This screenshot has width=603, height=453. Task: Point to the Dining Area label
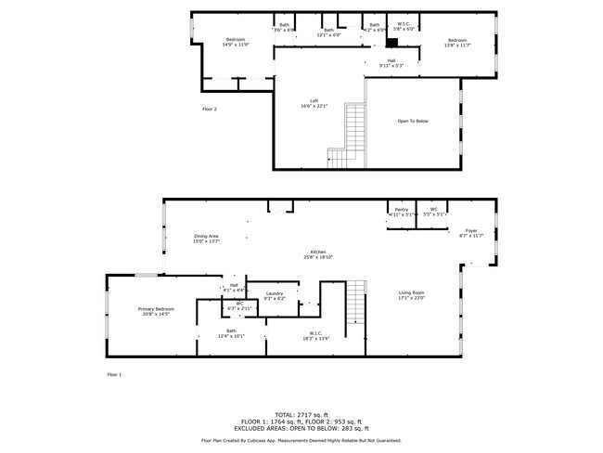[x=206, y=238]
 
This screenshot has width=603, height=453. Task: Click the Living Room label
[x=410, y=295]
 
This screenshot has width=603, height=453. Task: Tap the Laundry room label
[x=274, y=296]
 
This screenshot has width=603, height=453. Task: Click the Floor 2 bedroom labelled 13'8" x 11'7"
[x=457, y=43]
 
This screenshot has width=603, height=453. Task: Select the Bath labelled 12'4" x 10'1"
[x=231, y=333]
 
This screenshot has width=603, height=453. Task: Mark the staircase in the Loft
[x=351, y=130]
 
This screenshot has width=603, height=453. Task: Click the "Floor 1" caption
[x=114, y=374]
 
